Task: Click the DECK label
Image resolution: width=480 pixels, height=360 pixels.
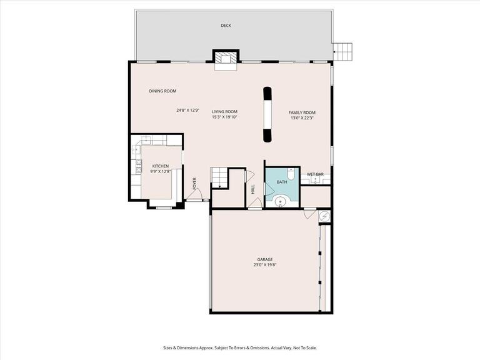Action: tap(225, 26)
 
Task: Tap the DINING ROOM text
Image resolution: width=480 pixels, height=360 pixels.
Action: tap(162, 91)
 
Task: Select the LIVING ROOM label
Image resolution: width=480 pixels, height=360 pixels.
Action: tap(224, 111)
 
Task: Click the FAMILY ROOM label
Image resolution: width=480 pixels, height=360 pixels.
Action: tap(302, 112)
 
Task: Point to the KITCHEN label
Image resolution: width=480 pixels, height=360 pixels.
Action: tap(161, 166)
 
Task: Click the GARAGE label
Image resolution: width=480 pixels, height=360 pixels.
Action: tap(265, 259)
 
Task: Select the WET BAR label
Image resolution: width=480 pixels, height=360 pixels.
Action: tap(314, 174)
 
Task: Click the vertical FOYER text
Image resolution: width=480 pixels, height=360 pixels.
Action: tap(195, 183)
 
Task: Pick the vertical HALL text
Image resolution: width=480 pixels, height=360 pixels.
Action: tap(253, 188)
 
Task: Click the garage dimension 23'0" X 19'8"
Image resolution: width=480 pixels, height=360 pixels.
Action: tap(265, 265)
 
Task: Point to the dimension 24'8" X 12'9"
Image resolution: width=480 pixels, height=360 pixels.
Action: tap(187, 111)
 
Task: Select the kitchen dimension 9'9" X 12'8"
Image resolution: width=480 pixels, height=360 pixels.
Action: tap(161, 171)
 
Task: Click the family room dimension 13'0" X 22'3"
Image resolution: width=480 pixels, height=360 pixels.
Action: tap(302, 117)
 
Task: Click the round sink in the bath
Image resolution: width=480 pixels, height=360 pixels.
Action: tap(281, 201)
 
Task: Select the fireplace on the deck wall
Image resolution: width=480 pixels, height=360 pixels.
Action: tap(226, 58)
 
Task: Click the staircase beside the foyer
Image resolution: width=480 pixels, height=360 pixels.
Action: tap(219, 177)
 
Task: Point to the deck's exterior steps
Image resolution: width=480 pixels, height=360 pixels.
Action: tap(342, 50)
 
